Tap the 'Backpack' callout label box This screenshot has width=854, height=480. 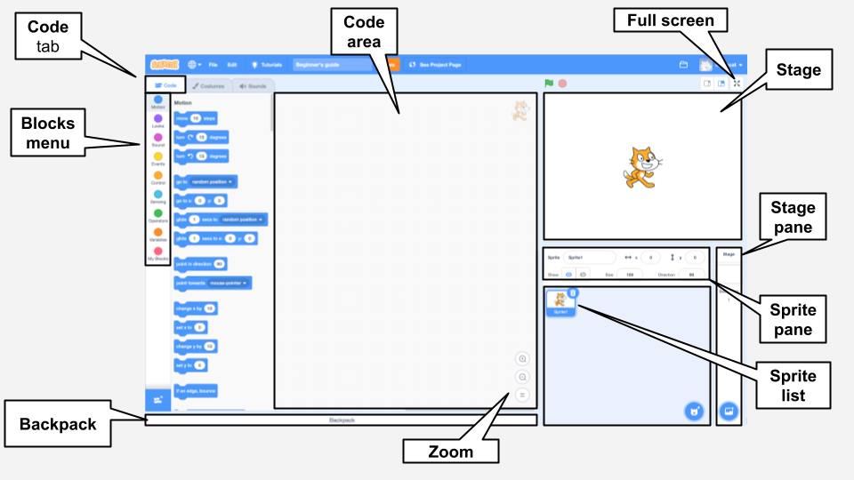point(58,424)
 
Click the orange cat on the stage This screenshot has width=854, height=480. point(641,167)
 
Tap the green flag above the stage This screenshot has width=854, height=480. point(549,84)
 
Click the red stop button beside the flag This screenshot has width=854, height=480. point(562,84)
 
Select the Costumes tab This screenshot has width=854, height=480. point(208,86)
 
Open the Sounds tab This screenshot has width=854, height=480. point(254,86)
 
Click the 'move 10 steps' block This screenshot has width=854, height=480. point(195,117)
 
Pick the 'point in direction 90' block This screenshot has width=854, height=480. point(200,264)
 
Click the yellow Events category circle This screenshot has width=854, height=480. point(157,156)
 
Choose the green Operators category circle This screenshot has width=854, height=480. point(157,213)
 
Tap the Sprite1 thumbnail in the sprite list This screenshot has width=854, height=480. point(560,302)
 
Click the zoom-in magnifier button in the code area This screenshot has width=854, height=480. point(522,359)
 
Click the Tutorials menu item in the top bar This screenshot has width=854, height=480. point(267,65)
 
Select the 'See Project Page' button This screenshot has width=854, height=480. point(435,65)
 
